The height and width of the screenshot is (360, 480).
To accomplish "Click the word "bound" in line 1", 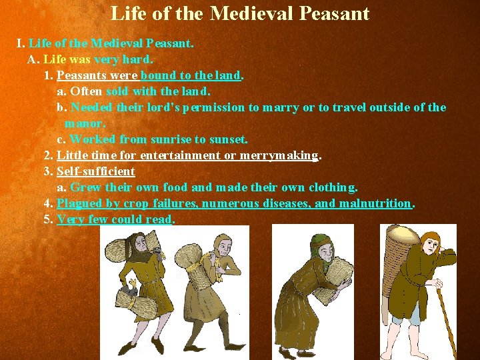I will pyautogui.click(x=158, y=75).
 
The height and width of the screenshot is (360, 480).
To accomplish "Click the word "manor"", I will pyautogui.click(x=83, y=123).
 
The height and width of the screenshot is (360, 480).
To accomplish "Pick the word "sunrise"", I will pyautogui.click(x=171, y=139).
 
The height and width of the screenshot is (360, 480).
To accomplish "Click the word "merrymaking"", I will pyautogui.click(x=279, y=155).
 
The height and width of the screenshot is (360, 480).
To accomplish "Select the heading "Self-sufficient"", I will pyautogui.click(x=96, y=171).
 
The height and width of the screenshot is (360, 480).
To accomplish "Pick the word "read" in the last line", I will pyautogui.click(x=160, y=219).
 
